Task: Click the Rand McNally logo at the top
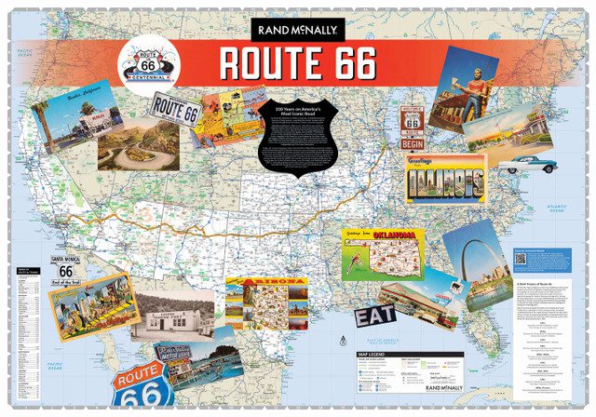tap(297, 28)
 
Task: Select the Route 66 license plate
tap(176, 112)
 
